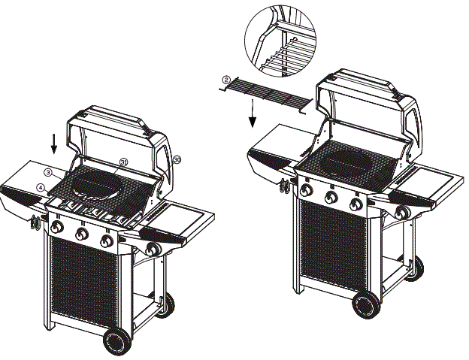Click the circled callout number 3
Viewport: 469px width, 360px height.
pos(47,172)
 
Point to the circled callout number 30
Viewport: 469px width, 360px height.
pos(177,159)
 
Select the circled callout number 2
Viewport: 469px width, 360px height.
pos(225,78)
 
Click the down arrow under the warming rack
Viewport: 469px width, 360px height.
pos(253,113)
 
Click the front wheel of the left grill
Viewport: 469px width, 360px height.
pos(116,343)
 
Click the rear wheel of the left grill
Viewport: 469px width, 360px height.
pos(165,304)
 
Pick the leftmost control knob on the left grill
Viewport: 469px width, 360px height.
pos(57,228)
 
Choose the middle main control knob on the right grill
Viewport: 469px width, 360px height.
pos(331,198)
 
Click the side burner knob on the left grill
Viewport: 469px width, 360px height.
pos(153,250)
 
